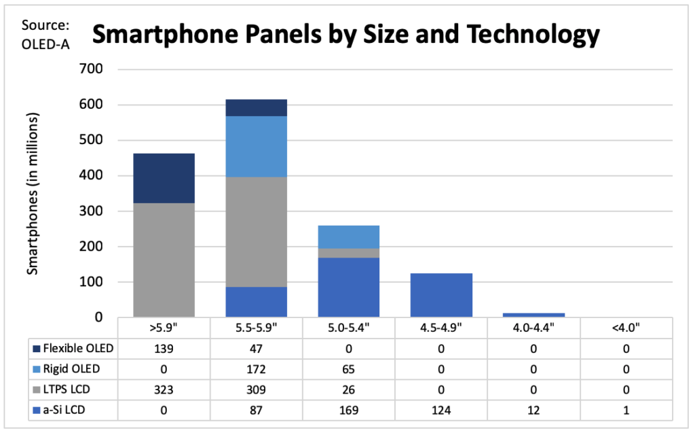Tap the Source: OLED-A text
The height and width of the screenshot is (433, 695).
pyautogui.click(x=46, y=35)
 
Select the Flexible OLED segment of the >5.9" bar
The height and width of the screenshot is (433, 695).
pyautogui.click(x=164, y=178)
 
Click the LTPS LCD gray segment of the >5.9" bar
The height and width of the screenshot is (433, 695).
pyautogui.click(x=164, y=260)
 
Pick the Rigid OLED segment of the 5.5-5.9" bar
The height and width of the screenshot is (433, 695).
pyautogui.click(x=256, y=146)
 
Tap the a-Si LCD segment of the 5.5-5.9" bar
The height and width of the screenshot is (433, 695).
pyautogui.click(x=256, y=302)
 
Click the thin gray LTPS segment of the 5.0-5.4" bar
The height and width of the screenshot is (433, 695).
pyautogui.click(x=349, y=253)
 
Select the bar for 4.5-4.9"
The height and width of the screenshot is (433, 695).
pyautogui.click(x=441, y=295)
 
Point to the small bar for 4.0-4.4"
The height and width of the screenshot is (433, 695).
pyautogui.click(x=533, y=315)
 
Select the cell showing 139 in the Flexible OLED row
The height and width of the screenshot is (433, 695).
pyautogui.click(x=164, y=349)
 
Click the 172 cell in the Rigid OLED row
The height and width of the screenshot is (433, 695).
pyautogui.click(x=256, y=370)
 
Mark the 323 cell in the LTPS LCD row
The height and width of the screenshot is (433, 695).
pyautogui.click(x=164, y=391)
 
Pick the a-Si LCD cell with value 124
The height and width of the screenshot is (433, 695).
pyautogui.click(x=441, y=411)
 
